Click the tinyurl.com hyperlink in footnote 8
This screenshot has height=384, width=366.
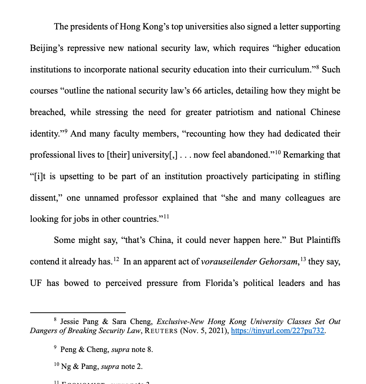[278, 331]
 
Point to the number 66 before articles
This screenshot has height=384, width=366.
[197, 91]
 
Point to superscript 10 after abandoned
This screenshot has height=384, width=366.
[278, 152]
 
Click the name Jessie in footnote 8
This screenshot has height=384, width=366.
[70, 322]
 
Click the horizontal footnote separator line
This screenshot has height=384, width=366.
[78, 312]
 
